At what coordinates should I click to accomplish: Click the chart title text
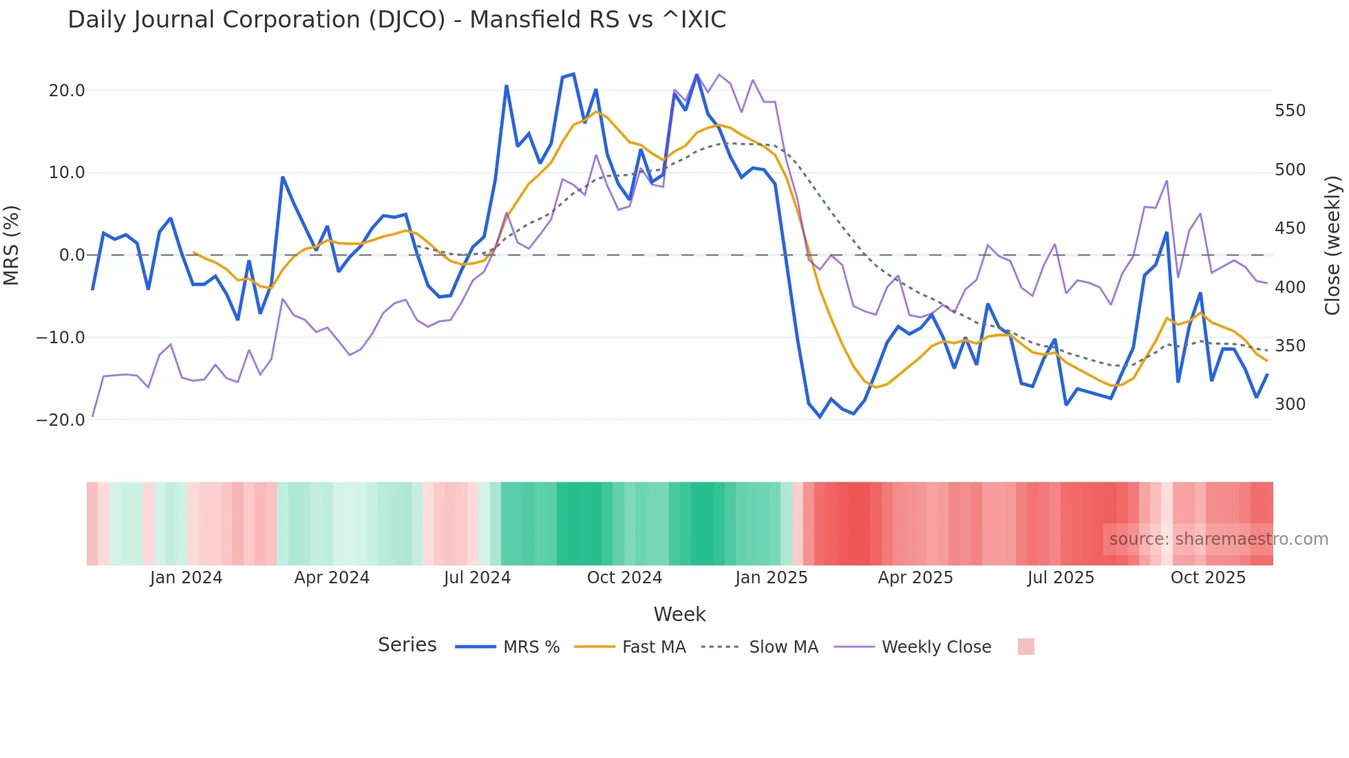pyautogui.click(x=396, y=20)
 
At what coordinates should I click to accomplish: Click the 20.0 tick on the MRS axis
pyautogui.click(x=67, y=91)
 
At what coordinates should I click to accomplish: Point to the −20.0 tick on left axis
pyautogui.click(x=61, y=420)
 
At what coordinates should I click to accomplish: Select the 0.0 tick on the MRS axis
pyautogui.click(x=72, y=255)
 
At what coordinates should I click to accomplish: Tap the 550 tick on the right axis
pyautogui.click(x=1290, y=111)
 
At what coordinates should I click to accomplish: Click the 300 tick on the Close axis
pyautogui.click(x=1290, y=404)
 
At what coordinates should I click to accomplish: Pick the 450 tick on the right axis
pyautogui.click(x=1290, y=228)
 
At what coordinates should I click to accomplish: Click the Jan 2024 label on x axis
pyautogui.click(x=186, y=578)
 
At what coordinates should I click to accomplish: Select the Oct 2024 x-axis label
pyautogui.click(x=624, y=578)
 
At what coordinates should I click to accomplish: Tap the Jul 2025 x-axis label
pyautogui.click(x=1061, y=578)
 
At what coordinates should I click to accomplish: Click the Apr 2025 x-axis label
pyautogui.click(x=915, y=578)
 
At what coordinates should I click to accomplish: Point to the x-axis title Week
pyautogui.click(x=679, y=614)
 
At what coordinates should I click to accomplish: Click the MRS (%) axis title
pyautogui.click(x=12, y=245)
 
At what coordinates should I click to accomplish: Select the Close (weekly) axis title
pyautogui.click(x=1332, y=246)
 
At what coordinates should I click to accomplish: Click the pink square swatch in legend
pyautogui.click(x=1026, y=647)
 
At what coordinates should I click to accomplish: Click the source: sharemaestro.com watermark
pyautogui.click(x=1218, y=539)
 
